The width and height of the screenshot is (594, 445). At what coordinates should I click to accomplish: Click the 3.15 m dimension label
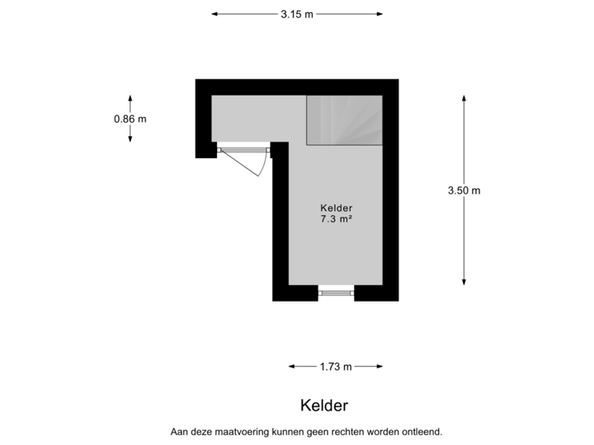click(297, 14)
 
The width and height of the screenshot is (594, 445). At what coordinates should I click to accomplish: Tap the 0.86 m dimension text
click(130, 119)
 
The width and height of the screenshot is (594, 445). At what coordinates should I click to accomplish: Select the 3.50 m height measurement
click(464, 190)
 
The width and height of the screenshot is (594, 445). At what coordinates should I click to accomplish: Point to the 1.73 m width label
click(336, 367)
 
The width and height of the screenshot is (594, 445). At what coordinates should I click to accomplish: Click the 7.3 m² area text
click(337, 218)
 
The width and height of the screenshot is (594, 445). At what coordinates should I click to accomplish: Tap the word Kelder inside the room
click(337, 208)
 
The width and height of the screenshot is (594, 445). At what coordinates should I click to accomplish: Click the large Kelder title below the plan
click(324, 405)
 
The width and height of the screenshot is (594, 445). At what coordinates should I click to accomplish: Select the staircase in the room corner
click(344, 120)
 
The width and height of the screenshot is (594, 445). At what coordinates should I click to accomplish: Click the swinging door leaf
click(240, 162)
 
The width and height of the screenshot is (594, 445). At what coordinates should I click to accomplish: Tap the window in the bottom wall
click(336, 293)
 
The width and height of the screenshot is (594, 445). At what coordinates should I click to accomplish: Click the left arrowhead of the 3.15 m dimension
click(214, 14)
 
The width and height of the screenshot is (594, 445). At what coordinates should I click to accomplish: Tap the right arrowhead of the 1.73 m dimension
click(379, 366)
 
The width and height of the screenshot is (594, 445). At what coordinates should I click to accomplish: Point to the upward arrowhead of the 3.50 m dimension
click(464, 98)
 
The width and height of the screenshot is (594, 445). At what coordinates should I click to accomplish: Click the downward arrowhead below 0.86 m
click(130, 139)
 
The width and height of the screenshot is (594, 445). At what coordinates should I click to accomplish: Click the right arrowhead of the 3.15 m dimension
click(379, 14)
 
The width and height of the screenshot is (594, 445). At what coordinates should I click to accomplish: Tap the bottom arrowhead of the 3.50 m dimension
click(464, 282)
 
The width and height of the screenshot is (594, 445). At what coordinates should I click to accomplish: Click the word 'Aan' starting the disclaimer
click(177, 432)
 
